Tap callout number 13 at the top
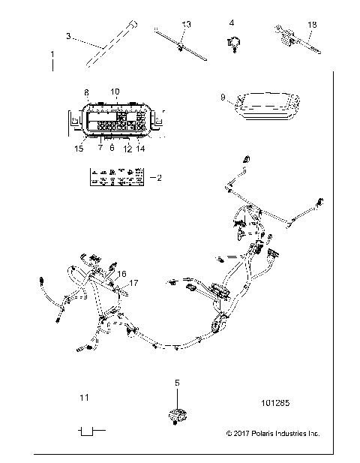pyautogui.click(x=186, y=25)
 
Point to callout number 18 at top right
pyautogui.click(x=312, y=25)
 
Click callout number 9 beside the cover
pyautogui.click(x=223, y=98)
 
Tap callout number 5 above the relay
pyautogui.click(x=178, y=383)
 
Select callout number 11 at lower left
pyautogui.click(x=85, y=397)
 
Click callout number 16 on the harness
pyautogui.click(x=122, y=275)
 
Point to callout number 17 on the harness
pyautogui.click(x=134, y=283)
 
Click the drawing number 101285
pyautogui.click(x=277, y=403)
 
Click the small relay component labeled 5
pyautogui.click(x=178, y=414)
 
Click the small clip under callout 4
pyautogui.click(x=232, y=44)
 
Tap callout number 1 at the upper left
pyautogui.click(x=52, y=55)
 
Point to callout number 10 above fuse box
pyautogui.click(x=115, y=92)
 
